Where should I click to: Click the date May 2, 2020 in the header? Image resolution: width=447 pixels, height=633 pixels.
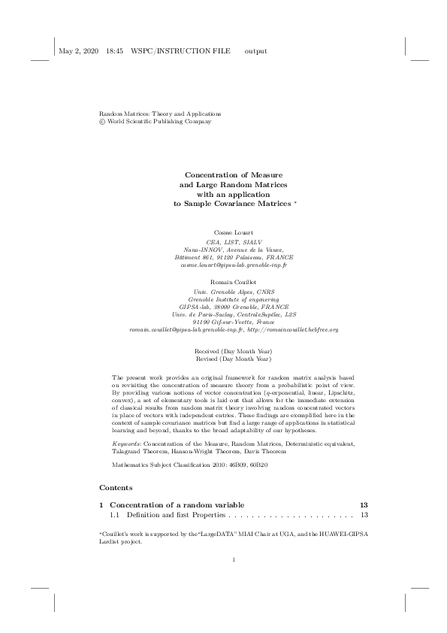tap(79, 51)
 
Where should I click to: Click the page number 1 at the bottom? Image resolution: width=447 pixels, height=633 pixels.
tap(234, 580)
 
